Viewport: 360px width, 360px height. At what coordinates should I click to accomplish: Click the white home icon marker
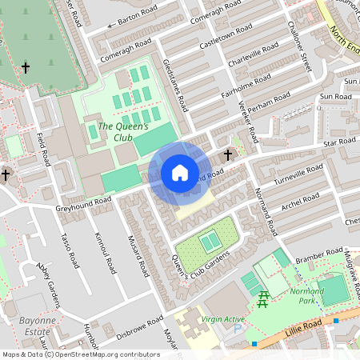179,173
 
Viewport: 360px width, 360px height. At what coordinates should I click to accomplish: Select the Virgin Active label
222,319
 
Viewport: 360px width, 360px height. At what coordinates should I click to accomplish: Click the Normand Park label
306,296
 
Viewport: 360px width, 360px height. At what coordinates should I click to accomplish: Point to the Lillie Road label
303,324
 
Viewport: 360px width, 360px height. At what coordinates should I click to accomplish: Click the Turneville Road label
298,174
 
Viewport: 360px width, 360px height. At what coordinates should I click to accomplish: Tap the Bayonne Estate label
34,326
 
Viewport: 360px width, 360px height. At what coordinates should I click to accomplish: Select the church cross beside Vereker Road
228,154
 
